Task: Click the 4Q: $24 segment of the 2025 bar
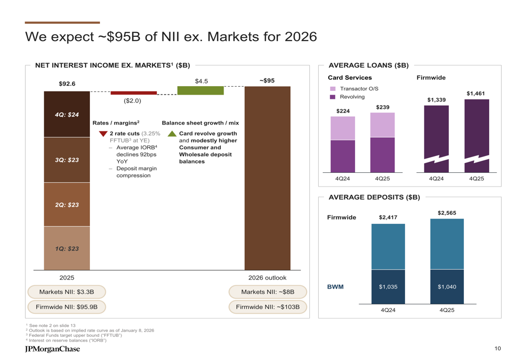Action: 67,115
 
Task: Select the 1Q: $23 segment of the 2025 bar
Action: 67,248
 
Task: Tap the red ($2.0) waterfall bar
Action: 134,92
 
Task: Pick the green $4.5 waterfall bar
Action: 200,90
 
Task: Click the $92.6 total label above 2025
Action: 67,84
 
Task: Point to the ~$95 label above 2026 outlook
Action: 267,80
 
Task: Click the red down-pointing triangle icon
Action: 103,134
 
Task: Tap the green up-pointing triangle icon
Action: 172,134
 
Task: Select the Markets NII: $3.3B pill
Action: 67,292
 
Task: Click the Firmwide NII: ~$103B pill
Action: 267,306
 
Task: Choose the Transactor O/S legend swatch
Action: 332,89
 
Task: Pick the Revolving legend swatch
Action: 332,97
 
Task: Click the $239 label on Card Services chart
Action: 382,107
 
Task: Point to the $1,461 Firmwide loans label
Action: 476,94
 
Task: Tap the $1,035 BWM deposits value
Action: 388,287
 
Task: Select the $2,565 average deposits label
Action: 447,213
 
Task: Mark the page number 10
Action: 497,349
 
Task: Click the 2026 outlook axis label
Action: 267,277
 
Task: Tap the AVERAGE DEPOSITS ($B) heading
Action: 374,198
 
